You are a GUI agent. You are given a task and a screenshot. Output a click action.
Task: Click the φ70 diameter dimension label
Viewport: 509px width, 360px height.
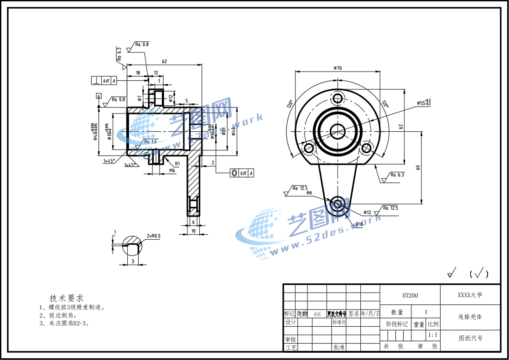coord(338,68)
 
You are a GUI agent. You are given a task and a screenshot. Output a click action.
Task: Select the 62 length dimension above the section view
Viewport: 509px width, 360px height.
coord(164,61)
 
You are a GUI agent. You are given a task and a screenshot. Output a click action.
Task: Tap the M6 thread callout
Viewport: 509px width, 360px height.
coord(172,170)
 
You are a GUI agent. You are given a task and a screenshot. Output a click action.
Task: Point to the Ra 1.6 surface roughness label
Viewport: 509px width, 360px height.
coord(150,142)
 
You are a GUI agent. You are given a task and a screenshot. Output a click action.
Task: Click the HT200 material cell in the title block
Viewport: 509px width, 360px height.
coord(410,295)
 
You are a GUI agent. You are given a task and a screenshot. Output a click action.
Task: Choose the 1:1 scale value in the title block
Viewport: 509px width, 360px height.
coord(433,335)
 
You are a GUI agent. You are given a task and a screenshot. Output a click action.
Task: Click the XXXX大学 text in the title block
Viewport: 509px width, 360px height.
coord(470,295)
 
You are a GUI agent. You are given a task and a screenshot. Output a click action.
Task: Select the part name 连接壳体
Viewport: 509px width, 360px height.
coord(470,316)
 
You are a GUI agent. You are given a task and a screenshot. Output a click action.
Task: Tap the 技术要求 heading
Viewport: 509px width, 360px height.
coord(67,298)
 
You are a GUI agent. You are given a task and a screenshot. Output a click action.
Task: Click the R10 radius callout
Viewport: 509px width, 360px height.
coord(359,224)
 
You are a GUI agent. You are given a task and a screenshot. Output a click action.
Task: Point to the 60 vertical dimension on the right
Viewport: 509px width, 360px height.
coord(418,168)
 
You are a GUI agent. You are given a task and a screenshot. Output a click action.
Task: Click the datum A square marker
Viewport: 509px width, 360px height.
coord(98,96)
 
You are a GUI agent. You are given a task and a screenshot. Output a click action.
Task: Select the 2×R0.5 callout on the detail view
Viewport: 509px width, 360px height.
coord(154,236)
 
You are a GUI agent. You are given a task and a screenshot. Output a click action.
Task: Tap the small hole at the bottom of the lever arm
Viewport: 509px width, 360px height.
coord(338,203)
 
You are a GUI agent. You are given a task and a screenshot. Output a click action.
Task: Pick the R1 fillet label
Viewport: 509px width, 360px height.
coord(177,163)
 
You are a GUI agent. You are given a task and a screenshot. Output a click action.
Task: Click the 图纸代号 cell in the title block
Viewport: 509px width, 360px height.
coord(470,338)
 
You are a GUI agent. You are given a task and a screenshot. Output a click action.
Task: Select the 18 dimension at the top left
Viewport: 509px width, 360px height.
coord(137,73)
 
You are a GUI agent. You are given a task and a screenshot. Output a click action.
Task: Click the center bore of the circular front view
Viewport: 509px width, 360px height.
coord(338,131)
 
